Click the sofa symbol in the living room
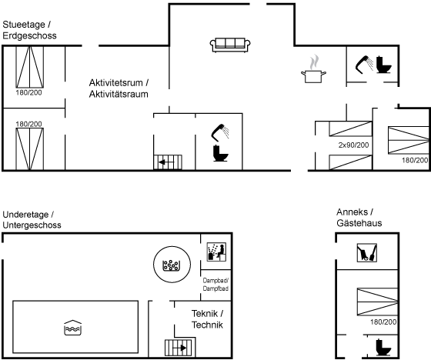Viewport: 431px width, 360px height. (230, 45)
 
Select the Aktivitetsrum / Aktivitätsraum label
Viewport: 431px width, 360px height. (119, 88)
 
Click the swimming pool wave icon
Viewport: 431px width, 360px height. (72, 328)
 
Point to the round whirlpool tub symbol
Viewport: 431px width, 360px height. (172, 265)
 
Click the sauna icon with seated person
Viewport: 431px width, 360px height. (216, 252)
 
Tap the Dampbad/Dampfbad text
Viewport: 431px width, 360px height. (215, 285)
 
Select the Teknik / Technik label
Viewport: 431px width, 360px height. (207, 319)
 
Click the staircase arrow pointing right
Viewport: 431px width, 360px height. (179, 348)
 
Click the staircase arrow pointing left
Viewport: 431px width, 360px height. (166, 162)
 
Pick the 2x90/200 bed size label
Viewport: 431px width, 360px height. (353, 145)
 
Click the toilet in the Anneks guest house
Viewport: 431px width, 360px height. (383, 347)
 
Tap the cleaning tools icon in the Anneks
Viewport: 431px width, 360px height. (366, 252)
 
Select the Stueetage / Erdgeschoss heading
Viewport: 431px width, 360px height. (29, 30)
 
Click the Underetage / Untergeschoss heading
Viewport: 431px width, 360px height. (32, 219)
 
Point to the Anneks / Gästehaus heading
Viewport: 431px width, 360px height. (359, 218)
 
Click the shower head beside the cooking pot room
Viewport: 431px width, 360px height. (364, 65)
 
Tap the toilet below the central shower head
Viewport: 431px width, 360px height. (220, 153)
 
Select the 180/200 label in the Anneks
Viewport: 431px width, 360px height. (383, 322)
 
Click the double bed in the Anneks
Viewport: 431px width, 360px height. (377, 302)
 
